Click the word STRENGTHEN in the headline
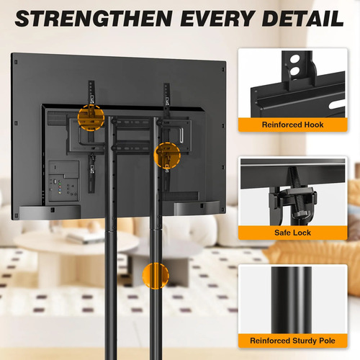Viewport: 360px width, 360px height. tap(94, 18)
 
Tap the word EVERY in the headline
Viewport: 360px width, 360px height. tap(217, 18)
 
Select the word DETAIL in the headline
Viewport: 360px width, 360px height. tap(303, 18)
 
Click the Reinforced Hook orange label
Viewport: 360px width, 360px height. tap(292, 125)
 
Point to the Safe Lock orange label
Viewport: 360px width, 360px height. tap(292, 233)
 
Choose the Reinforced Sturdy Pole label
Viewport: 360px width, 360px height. tap(292, 341)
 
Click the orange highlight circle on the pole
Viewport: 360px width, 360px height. tap(156, 276)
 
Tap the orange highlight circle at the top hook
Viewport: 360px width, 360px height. tap(91, 117)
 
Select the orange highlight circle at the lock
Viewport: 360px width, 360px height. tap(167, 156)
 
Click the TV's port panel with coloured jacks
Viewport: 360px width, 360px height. tap(64, 181)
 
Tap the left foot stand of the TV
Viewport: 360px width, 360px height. tap(50, 212)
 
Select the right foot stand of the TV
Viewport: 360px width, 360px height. tap(197, 208)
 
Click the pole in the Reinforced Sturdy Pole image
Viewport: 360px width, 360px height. tap(292, 300)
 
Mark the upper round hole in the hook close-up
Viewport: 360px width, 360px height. tap(295, 59)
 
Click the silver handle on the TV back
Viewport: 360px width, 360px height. tap(181, 136)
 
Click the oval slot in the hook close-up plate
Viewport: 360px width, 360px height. tap(336, 105)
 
